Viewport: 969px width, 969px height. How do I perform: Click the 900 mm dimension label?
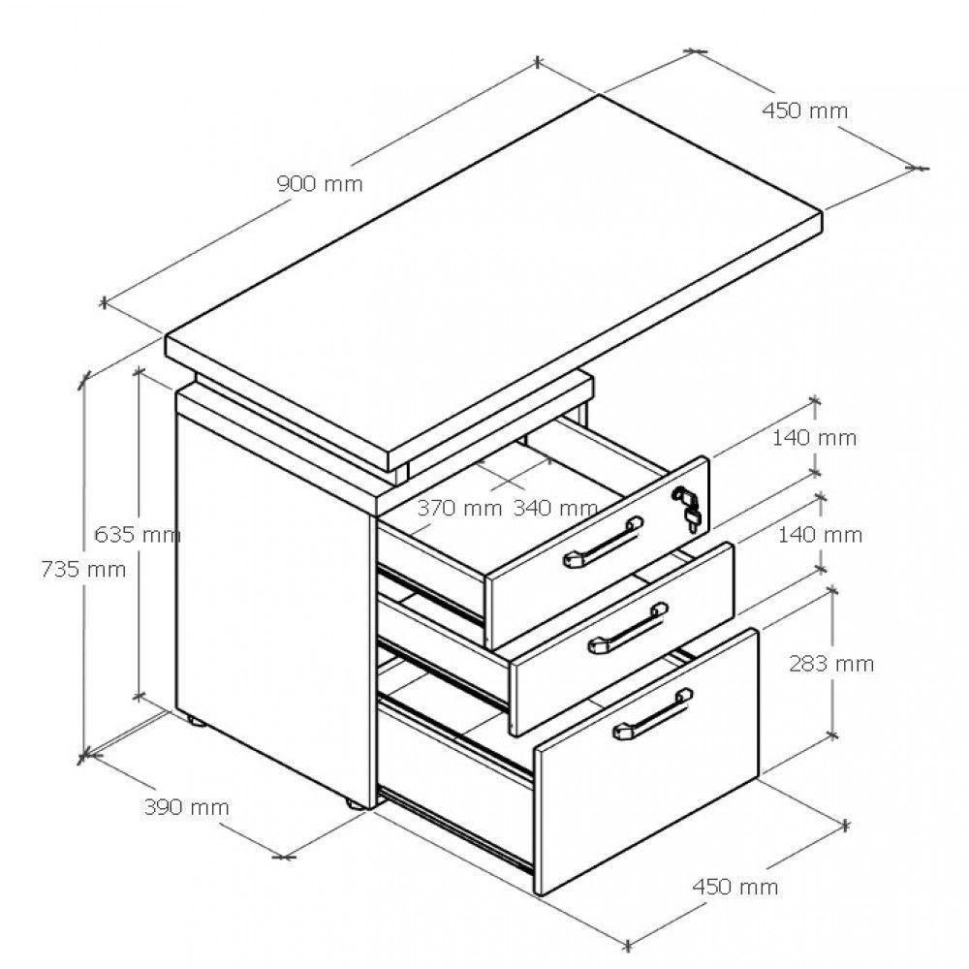point(320,183)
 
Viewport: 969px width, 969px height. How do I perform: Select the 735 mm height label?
point(83,569)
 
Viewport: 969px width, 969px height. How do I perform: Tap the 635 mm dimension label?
point(138,534)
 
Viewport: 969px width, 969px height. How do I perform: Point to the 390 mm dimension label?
point(187,807)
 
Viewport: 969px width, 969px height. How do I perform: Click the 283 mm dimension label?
point(831,664)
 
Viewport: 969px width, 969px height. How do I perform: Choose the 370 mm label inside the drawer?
point(459,508)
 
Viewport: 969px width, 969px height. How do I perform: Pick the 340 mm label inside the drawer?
point(555,508)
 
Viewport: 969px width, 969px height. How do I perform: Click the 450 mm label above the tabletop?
point(804,110)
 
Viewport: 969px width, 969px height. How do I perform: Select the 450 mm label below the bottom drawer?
point(735,887)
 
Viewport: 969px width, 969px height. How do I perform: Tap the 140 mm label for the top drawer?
point(815,438)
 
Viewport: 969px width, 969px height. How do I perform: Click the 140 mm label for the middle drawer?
point(820,535)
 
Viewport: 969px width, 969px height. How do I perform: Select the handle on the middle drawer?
point(628,628)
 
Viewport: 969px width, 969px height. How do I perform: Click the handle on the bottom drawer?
point(653,714)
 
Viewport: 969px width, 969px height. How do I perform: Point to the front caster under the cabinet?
point(356,804)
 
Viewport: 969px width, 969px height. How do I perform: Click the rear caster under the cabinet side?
point(195,720)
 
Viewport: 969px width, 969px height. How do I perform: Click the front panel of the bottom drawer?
point(647,761)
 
